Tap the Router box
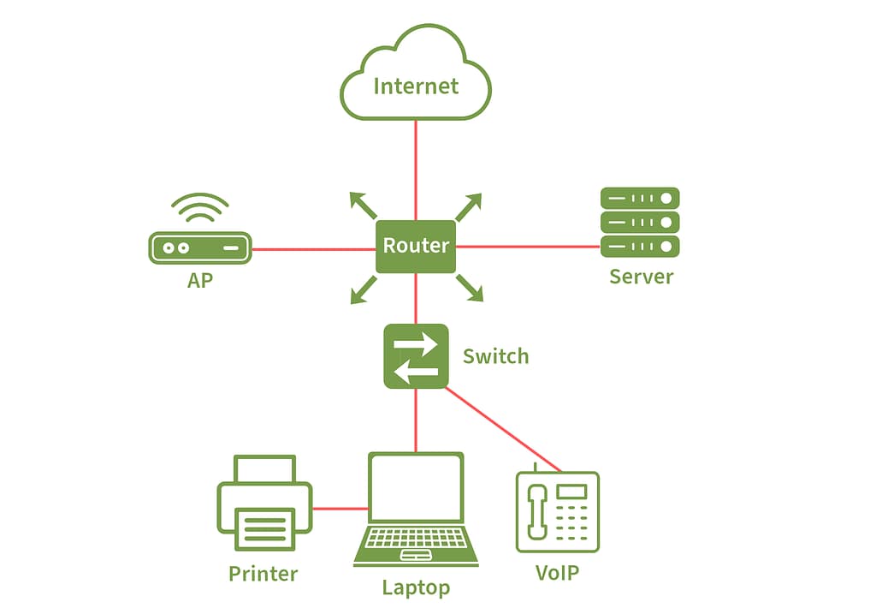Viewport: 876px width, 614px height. click(x=416, y=247)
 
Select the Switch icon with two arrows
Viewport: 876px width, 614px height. click(x=416, y=356)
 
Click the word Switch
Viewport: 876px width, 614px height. click(x=495, y=356)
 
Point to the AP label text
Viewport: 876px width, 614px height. click(x=200, y=280)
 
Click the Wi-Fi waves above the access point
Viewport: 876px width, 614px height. click(x=200, y=206)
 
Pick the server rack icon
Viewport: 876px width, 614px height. click(x=640, y=222)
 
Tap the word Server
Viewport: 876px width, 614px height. click(x=641, y=277)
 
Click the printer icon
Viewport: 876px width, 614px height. click(x=264, y=505)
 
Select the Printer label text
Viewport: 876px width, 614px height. click(x=263, y=574)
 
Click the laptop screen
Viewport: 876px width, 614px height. click(x=416, y=489)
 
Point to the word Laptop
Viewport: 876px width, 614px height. click(x=416, y=587)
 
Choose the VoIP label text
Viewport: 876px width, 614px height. click(x=557, y=572)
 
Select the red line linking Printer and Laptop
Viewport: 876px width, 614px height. click(x=340, y=509)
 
